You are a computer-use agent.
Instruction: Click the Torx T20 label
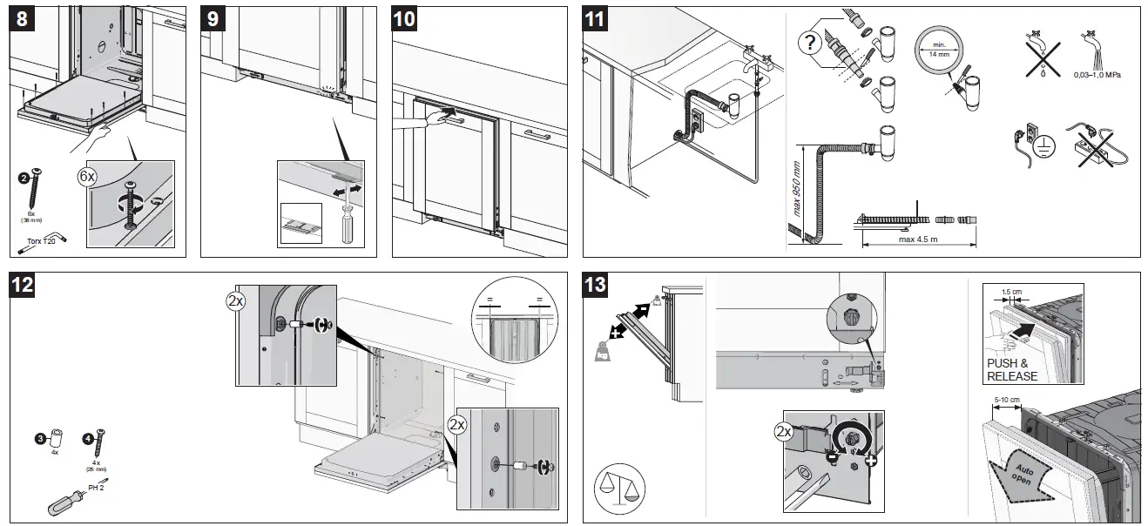[40, 241]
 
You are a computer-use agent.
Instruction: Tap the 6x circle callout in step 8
[88, 176]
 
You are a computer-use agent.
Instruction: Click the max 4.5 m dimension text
[918, 240]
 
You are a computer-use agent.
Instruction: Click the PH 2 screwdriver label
[96, 487]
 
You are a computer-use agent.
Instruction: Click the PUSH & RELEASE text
[1011, 370]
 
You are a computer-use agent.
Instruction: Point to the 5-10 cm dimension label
[1007, 400]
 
